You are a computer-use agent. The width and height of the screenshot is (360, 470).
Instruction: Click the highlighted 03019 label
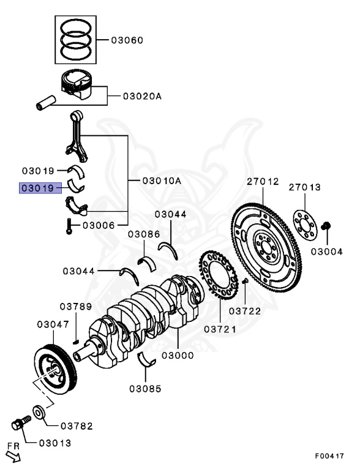coord(40,188)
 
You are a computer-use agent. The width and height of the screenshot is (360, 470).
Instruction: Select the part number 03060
coord(127,40)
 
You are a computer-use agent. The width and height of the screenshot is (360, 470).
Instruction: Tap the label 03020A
coord(142,95)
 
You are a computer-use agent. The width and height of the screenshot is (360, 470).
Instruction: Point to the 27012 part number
coord(263,182)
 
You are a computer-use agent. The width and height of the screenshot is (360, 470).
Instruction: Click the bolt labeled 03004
coord(327,227)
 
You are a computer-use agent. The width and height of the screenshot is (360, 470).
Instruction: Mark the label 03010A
coord(162,181)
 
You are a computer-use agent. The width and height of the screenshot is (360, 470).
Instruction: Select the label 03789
coord(75,307)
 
